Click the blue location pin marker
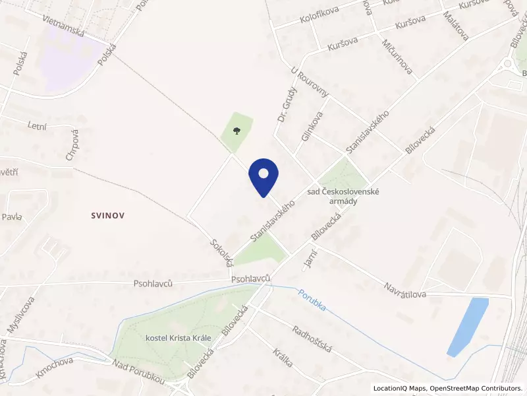(263, 176)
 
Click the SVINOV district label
(109, 215)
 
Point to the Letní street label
(38, 125)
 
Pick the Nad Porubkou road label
(138, 373)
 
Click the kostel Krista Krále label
(177, 338)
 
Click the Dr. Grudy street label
(284, 106)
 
